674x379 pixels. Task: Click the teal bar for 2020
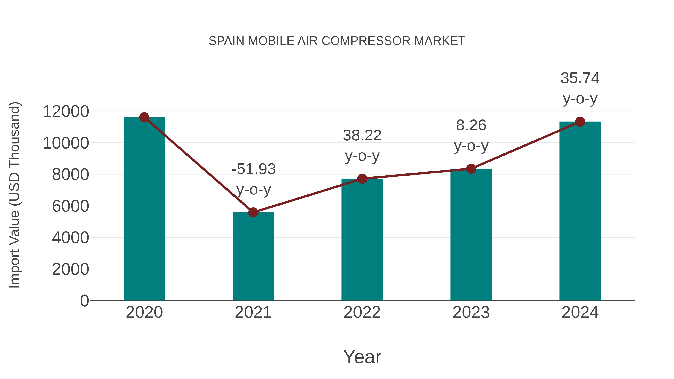point(144,209)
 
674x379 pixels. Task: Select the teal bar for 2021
point(253,256)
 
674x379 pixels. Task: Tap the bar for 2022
point(362,239)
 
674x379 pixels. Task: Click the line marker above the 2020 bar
point(144,117)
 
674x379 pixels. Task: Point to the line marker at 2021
point(253,212)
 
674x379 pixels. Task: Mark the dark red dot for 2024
point(580,122)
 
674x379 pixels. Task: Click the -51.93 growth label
point(253,169)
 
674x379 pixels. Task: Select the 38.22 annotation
point(362,136)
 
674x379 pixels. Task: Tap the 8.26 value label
point(471,125)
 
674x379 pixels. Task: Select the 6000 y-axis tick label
point(70,206)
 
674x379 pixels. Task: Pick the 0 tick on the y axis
point(84,301)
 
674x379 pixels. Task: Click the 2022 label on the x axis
point(362,312)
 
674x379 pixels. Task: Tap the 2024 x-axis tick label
point(580,312)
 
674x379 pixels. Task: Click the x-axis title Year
point(362,357)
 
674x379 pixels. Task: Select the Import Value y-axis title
point(15,195)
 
